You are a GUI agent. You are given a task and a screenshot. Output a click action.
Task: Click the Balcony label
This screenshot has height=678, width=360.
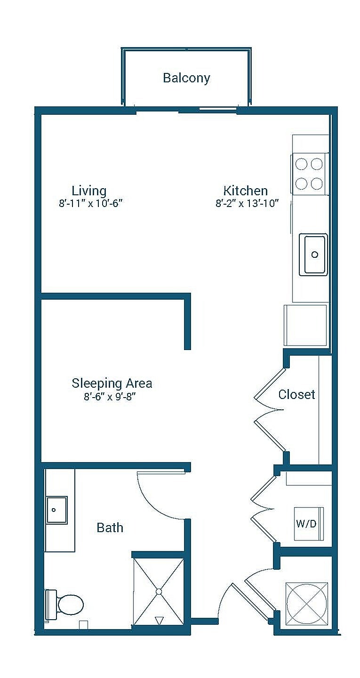[186, 78]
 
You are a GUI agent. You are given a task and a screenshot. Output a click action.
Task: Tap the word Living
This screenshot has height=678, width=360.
[89, 191]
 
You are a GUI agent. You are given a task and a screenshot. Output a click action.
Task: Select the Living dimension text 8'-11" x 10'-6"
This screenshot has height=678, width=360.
[90, 203]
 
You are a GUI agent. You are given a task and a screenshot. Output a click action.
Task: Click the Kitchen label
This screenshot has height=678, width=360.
[246, 191]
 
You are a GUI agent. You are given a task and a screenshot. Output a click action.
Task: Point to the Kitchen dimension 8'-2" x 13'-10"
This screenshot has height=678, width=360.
[247, 203]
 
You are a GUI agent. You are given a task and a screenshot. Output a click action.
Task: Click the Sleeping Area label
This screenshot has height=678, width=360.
[112, 383]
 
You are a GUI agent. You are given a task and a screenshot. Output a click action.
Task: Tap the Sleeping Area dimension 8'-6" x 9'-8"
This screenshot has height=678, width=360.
[110, 396]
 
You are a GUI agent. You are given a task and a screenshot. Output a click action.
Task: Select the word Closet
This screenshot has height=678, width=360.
[297, 394]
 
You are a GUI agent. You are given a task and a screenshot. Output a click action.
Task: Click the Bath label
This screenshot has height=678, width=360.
[110, 527]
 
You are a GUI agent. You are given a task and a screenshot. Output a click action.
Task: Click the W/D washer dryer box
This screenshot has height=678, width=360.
[309, 524]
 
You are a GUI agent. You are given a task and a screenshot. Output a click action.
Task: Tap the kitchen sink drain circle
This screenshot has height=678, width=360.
[314, 255]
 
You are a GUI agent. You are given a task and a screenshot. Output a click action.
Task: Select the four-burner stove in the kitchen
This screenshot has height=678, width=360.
[309, 174]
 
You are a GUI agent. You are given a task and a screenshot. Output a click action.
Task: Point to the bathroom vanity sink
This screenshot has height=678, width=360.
[56, 510]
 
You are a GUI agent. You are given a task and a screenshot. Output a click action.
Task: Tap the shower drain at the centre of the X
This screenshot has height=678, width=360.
[159, 591]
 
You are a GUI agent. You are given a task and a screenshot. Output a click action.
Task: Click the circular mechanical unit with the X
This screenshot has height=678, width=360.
[307, 604]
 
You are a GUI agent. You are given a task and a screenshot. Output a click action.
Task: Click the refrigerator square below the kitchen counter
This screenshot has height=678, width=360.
[305, 325]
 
